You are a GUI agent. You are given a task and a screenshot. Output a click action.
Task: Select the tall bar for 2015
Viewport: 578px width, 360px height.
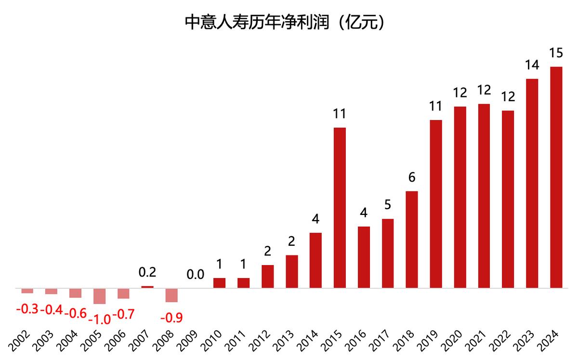pyautogui.click(x=340, y=208)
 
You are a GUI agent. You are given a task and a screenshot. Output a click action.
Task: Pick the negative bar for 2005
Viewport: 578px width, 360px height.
pyautogui.click(x=99, y=296)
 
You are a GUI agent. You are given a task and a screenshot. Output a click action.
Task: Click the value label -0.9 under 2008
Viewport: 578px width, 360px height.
pyautogui.click(x=171, y=318)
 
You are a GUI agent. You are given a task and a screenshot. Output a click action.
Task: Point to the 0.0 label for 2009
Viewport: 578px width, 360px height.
pyautogui.click(x=195, y=275)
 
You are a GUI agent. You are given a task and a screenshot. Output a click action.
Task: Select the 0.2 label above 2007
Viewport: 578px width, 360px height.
pyautogui.click(x=147, y=272)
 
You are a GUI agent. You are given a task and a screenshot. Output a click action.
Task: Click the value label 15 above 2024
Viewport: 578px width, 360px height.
pyautogui.click(x=556, y=53)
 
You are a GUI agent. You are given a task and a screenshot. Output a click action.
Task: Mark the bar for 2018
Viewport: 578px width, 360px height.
pyautogui.click(x=412, y=240)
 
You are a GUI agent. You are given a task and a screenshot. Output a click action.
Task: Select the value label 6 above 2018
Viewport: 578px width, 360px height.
pyautogui.click(x=412, y=177)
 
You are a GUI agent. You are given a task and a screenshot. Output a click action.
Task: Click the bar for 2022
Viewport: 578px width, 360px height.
pyautogui.click(x=508, y=200)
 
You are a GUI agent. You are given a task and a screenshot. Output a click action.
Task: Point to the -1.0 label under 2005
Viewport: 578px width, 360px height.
pyautogui.click(x=99, y=319)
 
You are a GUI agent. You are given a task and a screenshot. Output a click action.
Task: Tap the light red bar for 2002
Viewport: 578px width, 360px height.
pyautogui.click(x=27, y=291)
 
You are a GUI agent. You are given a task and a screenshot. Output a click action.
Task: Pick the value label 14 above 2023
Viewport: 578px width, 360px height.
pyautogui.click(x=532, y=65)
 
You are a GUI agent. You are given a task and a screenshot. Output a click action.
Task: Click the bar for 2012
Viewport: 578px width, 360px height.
pyautogui.click(x=268, y=277)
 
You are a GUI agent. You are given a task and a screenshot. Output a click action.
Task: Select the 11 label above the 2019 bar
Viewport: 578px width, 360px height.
pyautogui.click(x=436, y=106)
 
